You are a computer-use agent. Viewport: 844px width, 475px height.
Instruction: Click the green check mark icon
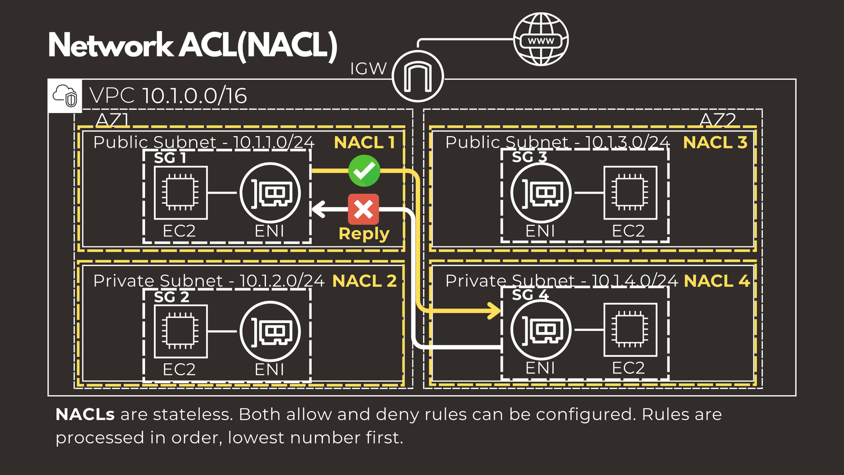364,170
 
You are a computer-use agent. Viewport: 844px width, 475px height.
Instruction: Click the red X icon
363,210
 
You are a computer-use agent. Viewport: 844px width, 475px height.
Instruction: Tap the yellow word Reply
364,233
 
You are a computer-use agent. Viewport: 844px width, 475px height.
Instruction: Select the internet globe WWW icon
541,40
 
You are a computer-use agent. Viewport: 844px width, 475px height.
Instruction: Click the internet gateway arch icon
418,77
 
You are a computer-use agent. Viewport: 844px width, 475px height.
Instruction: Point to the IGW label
368,69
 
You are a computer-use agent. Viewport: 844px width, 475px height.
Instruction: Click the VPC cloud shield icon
65,96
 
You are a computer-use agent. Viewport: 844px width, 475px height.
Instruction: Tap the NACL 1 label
365,142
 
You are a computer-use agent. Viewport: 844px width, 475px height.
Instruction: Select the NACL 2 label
365,281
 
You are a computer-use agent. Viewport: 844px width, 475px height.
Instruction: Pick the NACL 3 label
715,142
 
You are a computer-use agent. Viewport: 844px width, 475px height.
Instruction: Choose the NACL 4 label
717,281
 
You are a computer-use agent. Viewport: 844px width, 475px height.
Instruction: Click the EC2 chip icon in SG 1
180,193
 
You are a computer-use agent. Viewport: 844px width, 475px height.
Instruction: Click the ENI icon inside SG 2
270,331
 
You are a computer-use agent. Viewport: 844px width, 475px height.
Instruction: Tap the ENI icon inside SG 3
541,193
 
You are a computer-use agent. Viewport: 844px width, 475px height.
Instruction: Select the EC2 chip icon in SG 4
630,330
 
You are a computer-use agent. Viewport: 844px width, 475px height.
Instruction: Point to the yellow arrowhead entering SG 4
494,311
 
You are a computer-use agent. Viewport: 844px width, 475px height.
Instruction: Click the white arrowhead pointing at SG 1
318,210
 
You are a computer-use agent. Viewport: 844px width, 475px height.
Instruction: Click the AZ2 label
717,120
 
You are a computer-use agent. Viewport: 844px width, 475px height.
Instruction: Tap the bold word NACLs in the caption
85,414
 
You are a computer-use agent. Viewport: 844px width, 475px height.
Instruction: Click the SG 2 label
171,297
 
